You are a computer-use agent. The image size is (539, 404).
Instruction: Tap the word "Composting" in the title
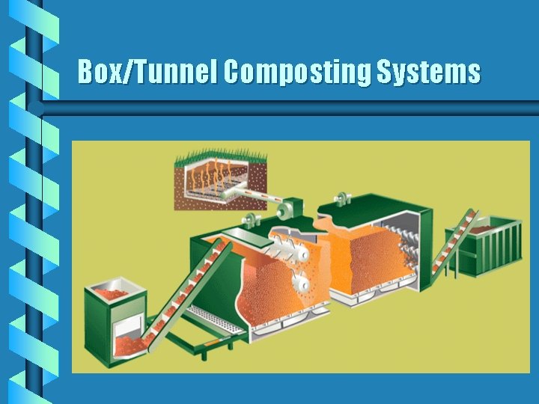coord(296,73)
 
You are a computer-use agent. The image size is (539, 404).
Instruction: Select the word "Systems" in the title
coord(427,73)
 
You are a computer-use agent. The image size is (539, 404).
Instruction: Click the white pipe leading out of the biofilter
coord(258,196)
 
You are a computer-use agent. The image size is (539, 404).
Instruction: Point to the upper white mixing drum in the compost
coord(291,250)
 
